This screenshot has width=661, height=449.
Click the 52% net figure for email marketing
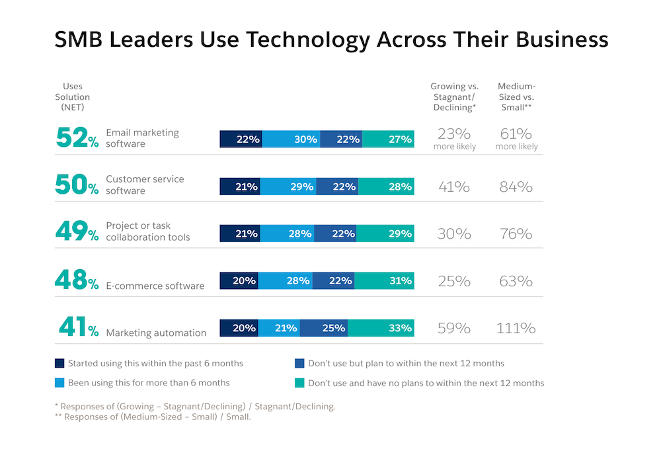pyautogui.click(x=77, y=138)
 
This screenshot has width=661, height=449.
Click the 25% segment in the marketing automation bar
pyautogui.click(x=323, y=328)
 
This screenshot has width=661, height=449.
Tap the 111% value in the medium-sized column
pyautogui.click(x=516, y=328)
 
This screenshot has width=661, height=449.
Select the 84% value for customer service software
pyautogui.click(x=516, y=186)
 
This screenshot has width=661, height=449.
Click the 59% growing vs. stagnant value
pyautogui.click(x=454, y=328)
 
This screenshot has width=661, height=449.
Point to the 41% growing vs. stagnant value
pyautogui.click(x=454, y=186)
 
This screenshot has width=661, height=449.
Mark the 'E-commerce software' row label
pyautogui.click(x=155, y=286)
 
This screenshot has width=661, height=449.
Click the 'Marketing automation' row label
pyautogui.click(x=156, y=333)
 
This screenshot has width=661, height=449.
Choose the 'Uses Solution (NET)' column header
pyautogui.click(x=73, y=97)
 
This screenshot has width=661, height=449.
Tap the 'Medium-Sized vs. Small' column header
pyautogui.click(x=516, y=97)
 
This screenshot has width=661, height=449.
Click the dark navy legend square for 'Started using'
pyautogui.click(x=60, y=363)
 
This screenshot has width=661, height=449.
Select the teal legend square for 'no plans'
pyautogui.click(x=300, y=382)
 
